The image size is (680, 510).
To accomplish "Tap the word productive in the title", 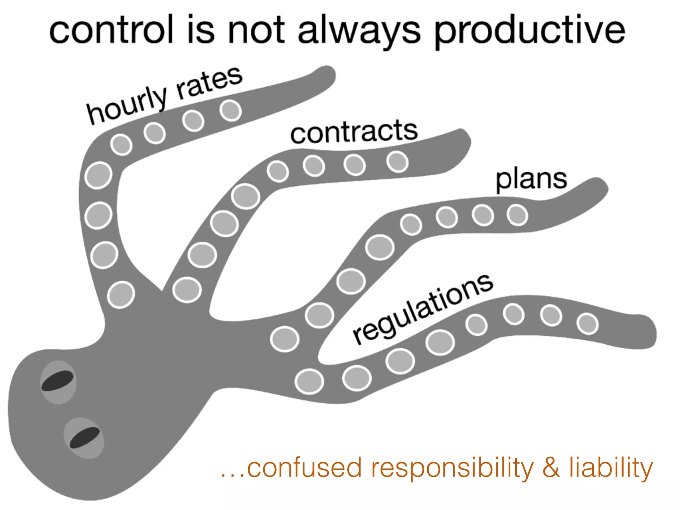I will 530,32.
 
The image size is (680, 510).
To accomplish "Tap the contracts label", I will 354,132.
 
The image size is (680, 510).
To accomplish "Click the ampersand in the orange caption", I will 551,467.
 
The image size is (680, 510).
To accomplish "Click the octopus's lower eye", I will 85,437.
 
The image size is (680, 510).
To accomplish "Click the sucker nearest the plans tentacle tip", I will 517,215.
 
